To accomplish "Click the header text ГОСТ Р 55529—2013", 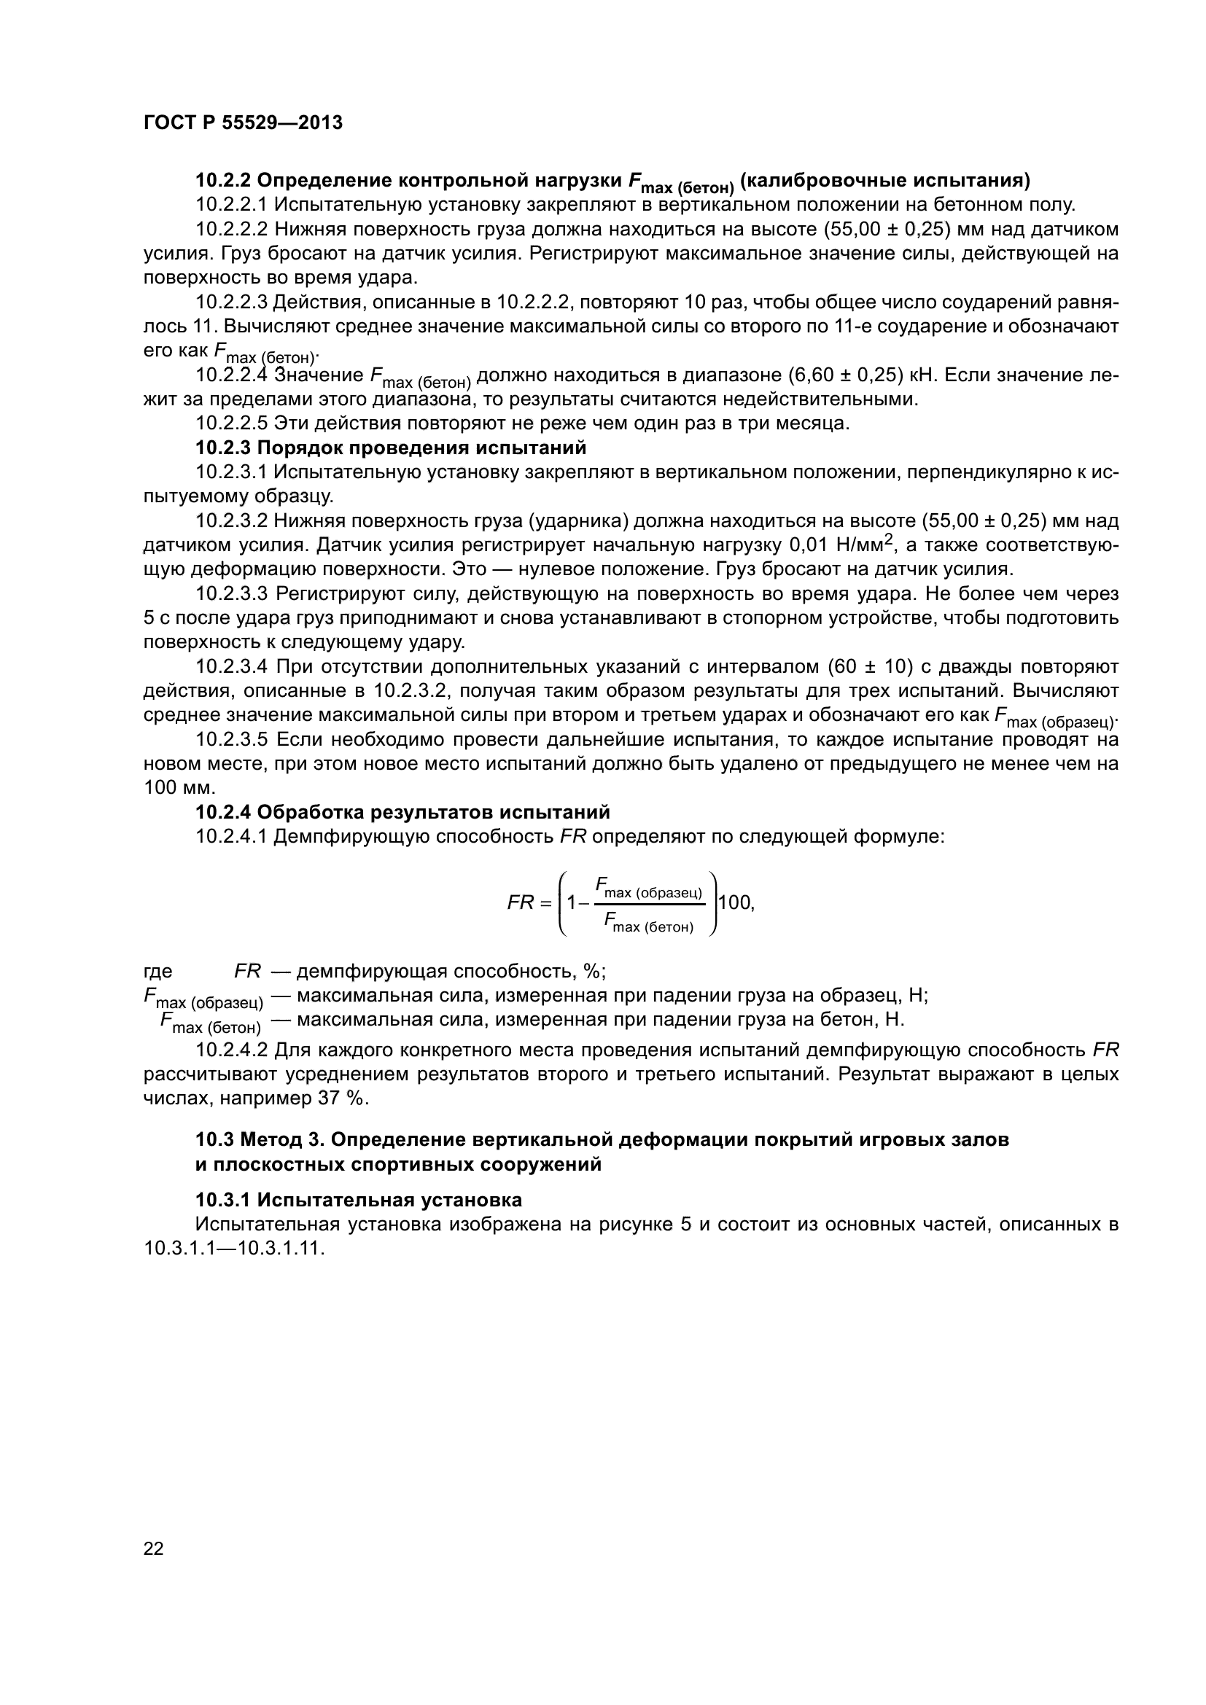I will (243, 123).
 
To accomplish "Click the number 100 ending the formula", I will (735, 902).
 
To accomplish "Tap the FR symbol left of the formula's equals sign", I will (520, 903).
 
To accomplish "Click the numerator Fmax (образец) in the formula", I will (648, 887).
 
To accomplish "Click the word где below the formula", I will (157, 971).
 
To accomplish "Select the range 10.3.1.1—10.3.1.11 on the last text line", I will (235, 1248).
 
